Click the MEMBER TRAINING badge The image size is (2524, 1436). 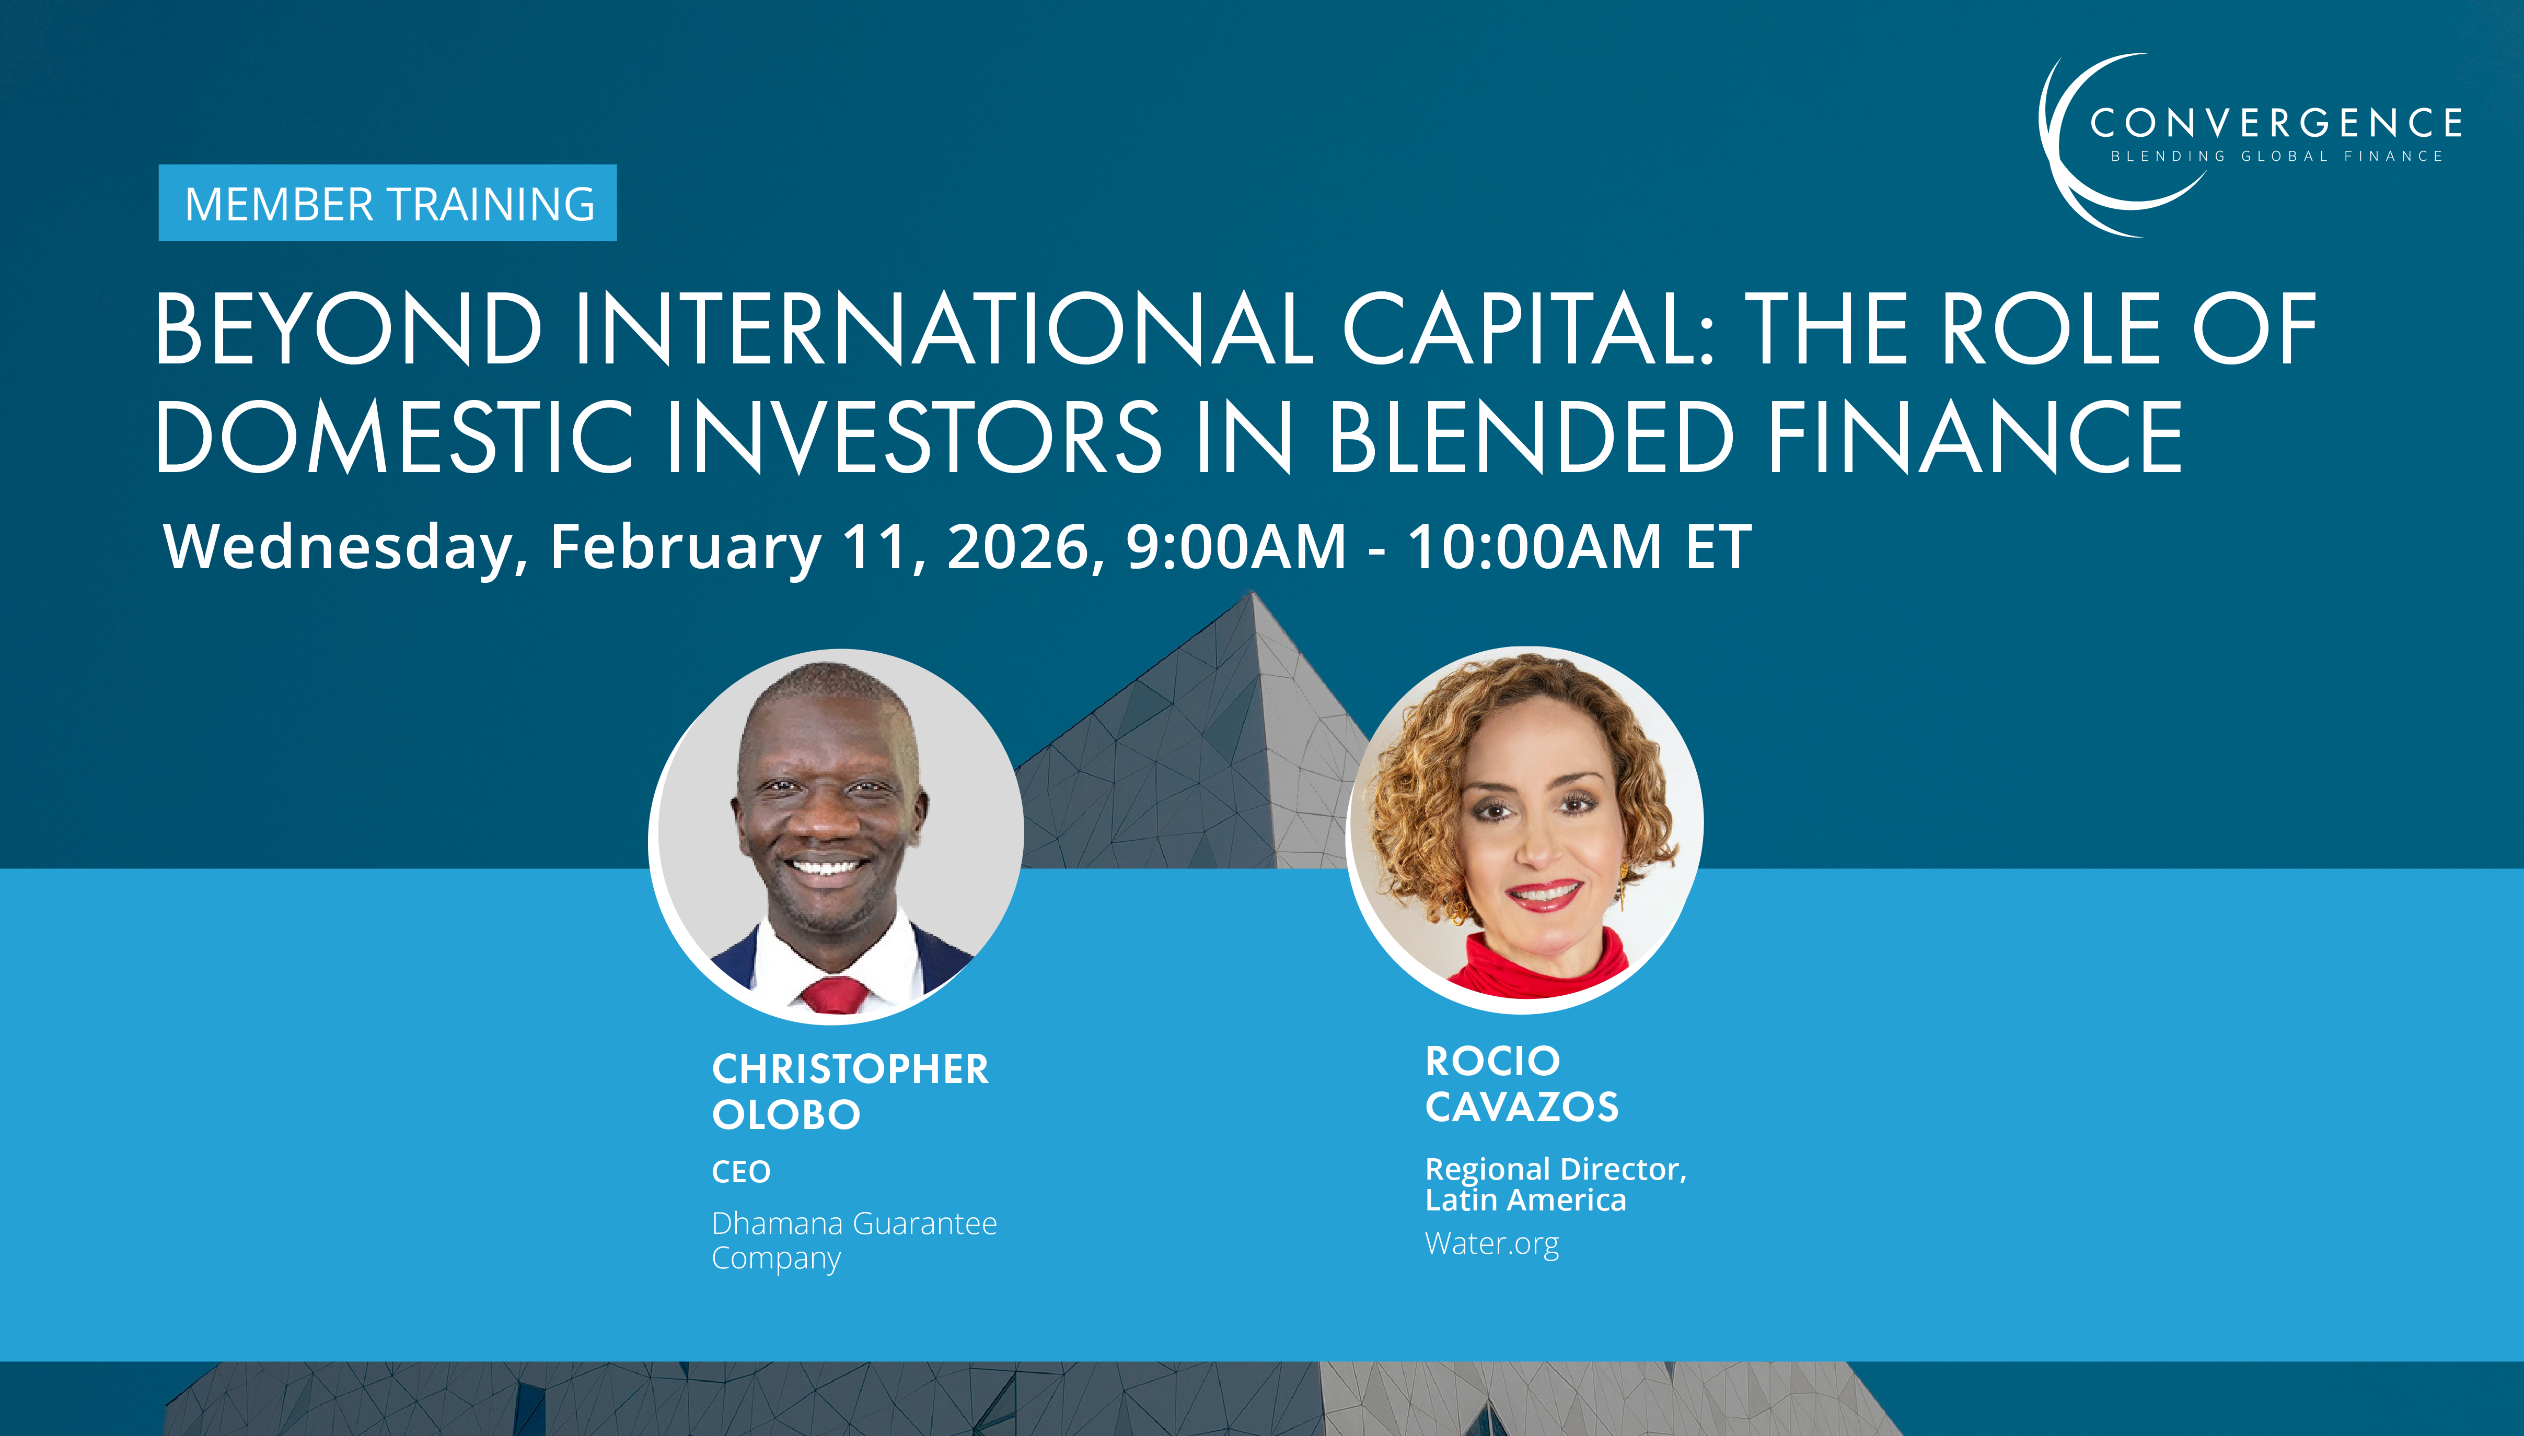tap(388, 203)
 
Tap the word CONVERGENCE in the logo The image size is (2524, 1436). tap(2274, 123)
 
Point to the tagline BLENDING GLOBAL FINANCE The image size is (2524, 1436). tap(2275, 156)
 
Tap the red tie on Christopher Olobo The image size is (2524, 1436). tap(835, 994)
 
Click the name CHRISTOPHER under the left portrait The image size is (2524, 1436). tap(850, 1069)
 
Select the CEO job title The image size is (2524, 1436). tap(741, 1172)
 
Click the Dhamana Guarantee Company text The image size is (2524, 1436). tap(853, 1240)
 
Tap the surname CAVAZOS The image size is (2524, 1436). tap(1522, 1107)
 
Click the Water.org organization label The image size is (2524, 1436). tap(1491, 1244)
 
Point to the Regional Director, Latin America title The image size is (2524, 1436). tap(1555, 1183)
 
